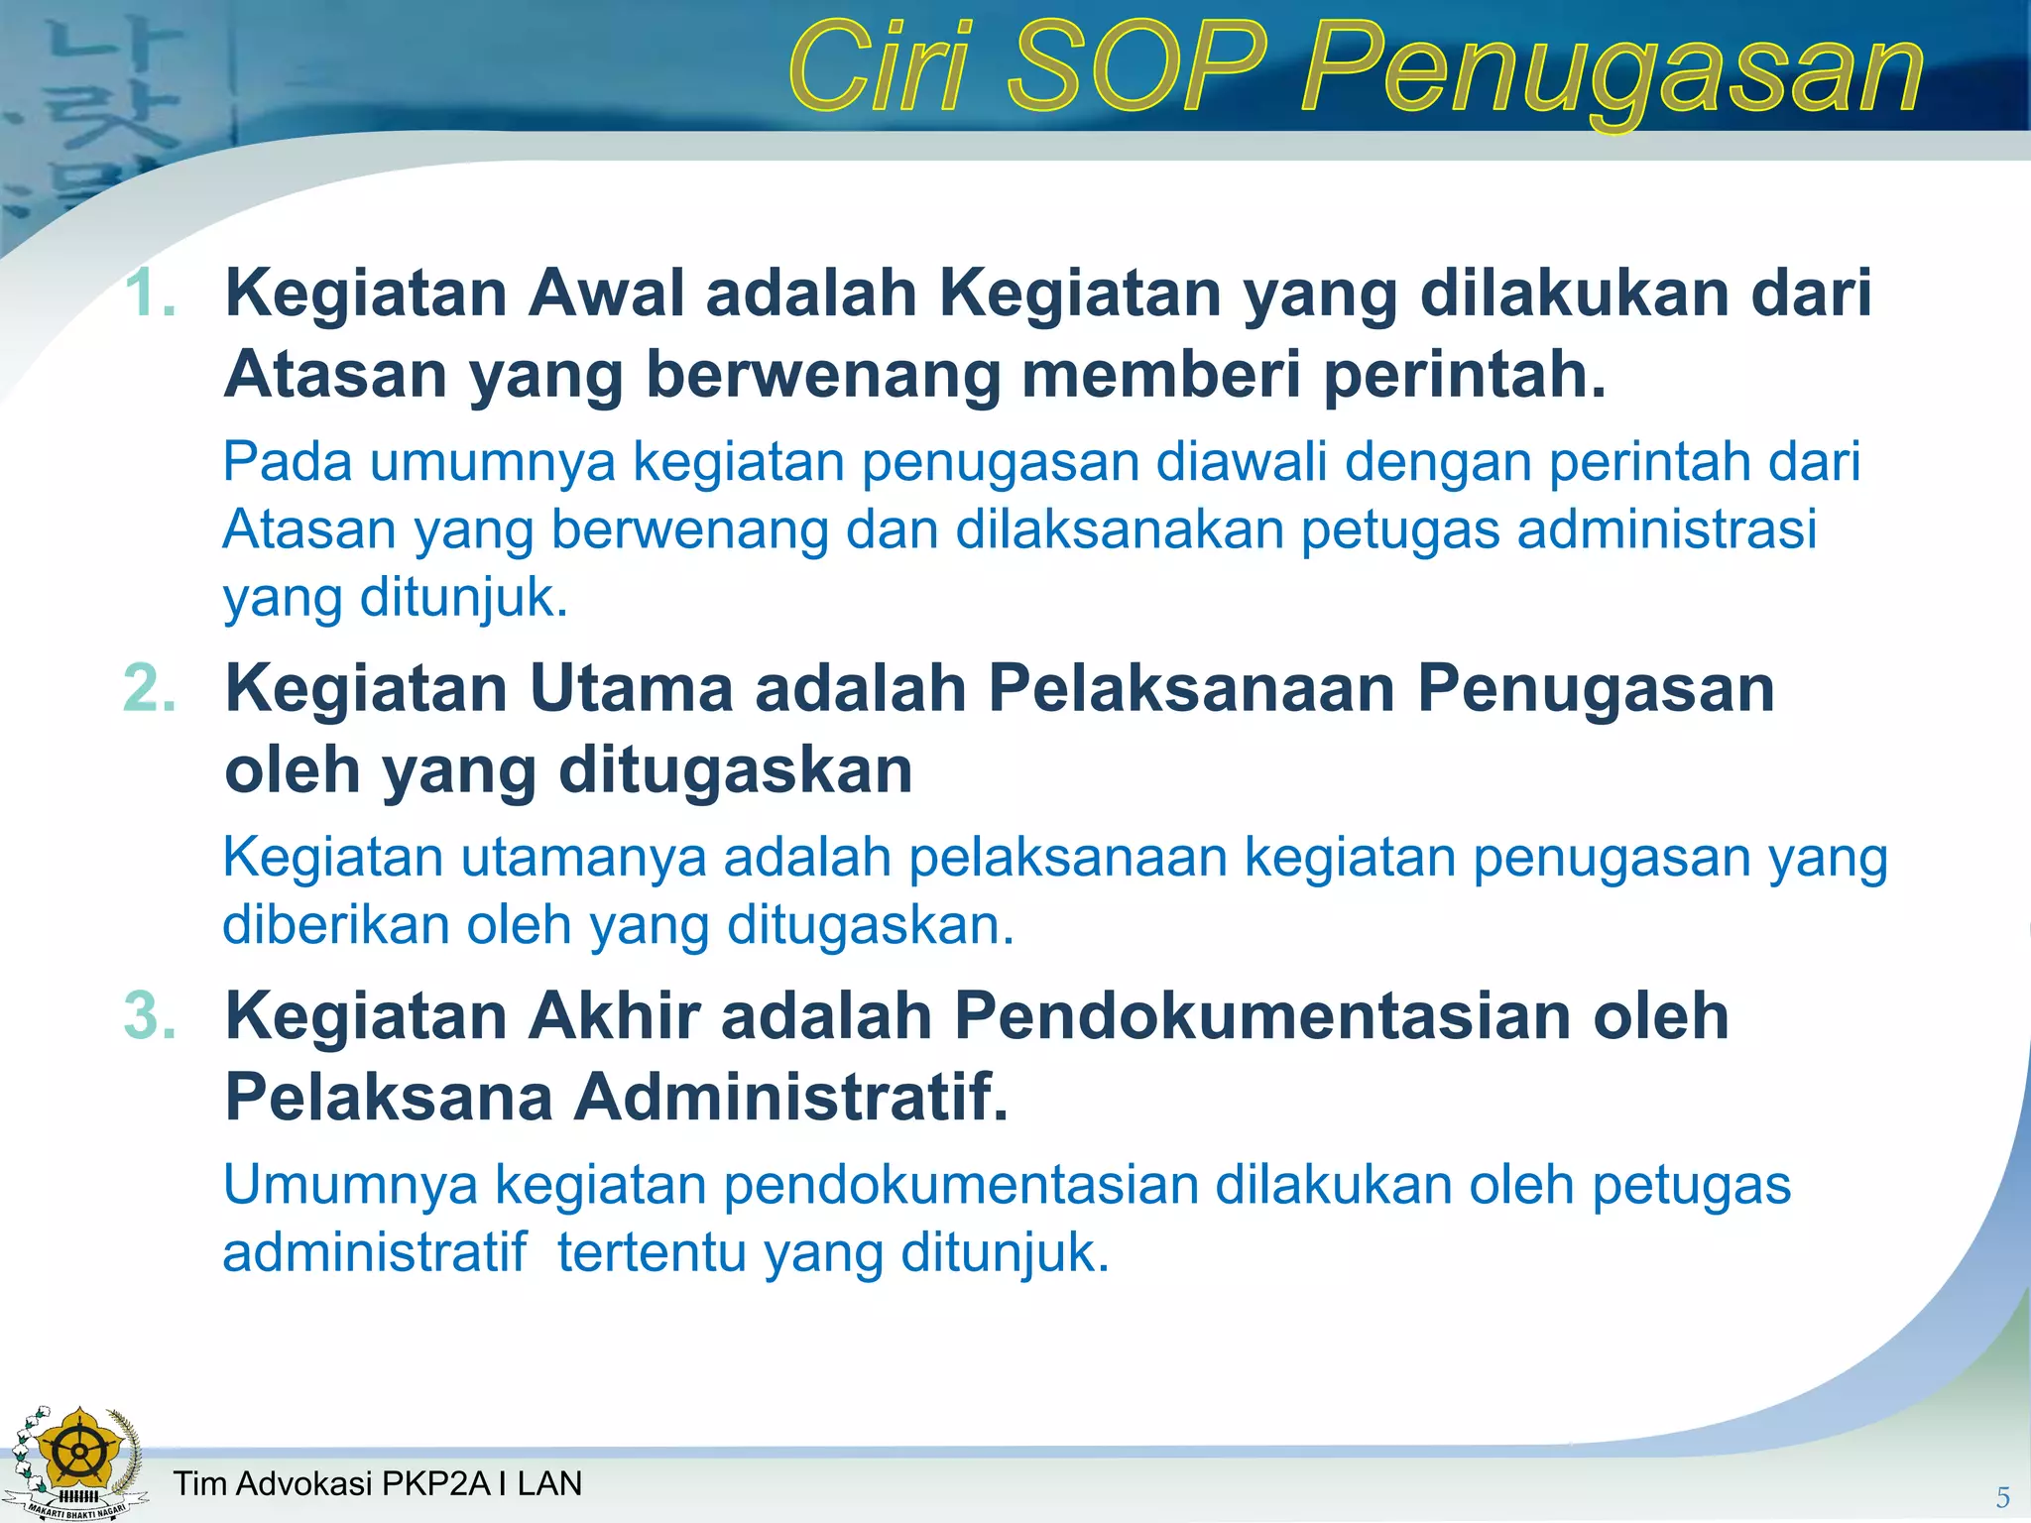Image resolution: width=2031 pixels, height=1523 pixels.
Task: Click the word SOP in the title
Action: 1137,69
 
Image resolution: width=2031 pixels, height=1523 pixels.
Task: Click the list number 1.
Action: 150,293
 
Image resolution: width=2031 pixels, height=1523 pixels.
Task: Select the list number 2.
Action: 150,687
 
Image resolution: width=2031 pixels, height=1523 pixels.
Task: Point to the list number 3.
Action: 150,1015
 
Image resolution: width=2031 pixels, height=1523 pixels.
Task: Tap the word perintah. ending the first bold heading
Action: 1465,375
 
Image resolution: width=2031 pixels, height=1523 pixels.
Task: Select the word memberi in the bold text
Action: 1160,375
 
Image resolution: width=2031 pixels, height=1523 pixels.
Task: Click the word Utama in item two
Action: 631,687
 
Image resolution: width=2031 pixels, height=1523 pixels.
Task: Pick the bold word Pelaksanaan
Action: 1191,687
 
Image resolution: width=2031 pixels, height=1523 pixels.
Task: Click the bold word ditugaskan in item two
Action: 735,769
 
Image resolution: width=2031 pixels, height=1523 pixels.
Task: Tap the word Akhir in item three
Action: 614,1015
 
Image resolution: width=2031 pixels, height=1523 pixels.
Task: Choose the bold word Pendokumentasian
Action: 1262,1015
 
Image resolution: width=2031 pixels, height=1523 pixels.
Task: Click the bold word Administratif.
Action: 790,1097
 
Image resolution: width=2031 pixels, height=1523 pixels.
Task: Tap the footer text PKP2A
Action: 436,1483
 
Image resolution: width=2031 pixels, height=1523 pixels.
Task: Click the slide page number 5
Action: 2002,1497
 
